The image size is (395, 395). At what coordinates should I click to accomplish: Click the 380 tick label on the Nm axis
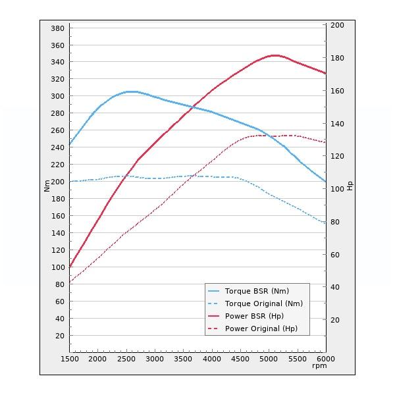[57, 28]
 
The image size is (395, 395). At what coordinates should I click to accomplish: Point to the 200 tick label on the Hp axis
[337, 25]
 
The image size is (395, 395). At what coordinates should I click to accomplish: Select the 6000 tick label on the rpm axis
[325, 359]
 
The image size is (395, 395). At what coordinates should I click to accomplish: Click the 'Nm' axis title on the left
[47, 186]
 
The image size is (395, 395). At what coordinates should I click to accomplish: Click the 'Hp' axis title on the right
[350, 186]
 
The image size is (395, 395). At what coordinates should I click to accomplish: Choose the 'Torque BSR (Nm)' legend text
[257, 291]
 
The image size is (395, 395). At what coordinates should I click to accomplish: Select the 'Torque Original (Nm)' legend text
[263, 303]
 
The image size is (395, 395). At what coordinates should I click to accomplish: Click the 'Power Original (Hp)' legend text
[261, 329]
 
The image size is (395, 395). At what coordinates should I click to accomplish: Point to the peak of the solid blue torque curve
[132, 92]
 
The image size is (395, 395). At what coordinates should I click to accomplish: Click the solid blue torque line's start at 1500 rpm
[70, 145]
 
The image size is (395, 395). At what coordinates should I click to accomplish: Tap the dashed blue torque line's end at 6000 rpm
[325, 223]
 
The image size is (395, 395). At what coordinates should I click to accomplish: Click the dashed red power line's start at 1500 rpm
[70, 282]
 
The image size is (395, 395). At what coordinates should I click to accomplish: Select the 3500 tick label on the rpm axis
[182, 359]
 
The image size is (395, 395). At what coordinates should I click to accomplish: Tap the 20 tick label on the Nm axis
[59, 336]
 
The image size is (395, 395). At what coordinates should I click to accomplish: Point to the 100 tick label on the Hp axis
[337, 189]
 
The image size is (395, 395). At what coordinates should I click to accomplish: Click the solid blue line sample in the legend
[213, 291]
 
